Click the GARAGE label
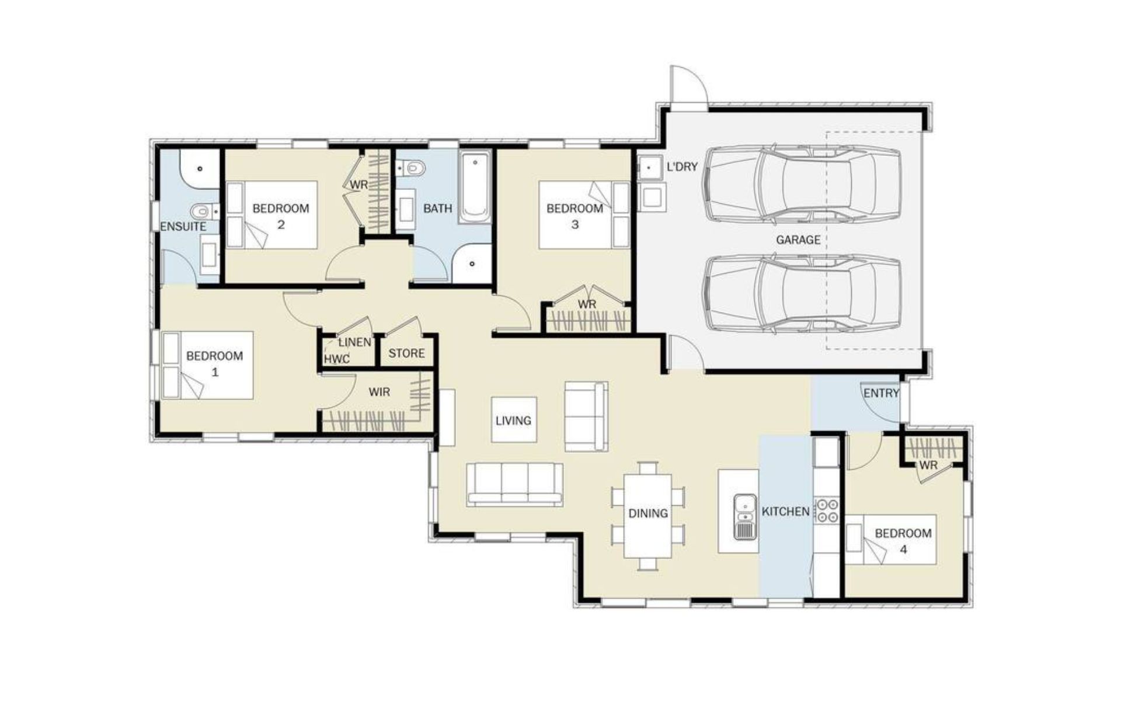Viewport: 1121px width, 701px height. (x=798, y=240)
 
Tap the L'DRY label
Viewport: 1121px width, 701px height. (x=682, y=166)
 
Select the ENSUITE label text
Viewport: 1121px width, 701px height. (x=183, y=227)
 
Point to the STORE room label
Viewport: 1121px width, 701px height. (x=406, y=353)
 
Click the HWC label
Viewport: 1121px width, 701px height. (x=337, y=359)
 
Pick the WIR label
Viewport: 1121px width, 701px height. (x=380, y=392)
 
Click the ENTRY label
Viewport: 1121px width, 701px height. (x=881, y=393)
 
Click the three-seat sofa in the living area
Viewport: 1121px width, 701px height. (x=515, y=484)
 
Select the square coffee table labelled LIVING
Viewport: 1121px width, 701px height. (x=514, y=419)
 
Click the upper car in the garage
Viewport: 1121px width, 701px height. (x=803, y=183)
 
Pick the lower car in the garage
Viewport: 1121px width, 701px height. (x=803, y=294)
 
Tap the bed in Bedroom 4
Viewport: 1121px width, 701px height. (x=892, y=539)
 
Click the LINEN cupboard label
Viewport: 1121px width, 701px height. (x=355, y=342)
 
